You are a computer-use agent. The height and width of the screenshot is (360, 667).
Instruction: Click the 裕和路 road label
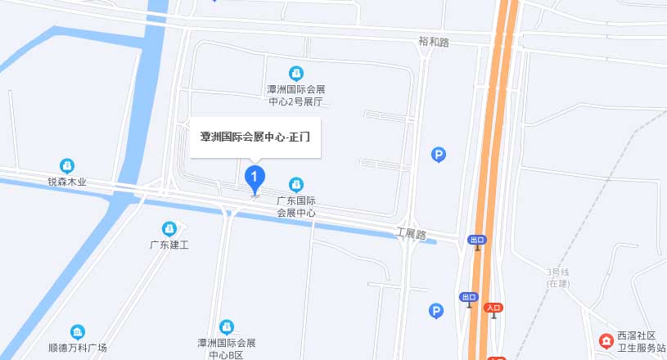click(433, 42)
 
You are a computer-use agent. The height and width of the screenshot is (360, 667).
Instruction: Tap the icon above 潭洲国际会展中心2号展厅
click(296, 74)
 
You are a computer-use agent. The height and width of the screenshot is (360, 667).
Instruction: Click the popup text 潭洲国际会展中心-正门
click(255, 137)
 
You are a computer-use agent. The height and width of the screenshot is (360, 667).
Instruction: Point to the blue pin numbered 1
click(255, 176)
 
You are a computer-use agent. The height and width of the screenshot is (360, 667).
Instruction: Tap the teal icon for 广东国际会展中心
click(296, 184)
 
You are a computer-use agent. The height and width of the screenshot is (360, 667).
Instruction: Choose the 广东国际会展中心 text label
click(296, 206)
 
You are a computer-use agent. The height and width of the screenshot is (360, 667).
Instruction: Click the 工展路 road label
click(411, 234)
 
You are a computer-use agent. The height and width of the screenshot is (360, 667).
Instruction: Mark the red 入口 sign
click(493, 308)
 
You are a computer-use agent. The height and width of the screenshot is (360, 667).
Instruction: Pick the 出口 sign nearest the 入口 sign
click(468, 297)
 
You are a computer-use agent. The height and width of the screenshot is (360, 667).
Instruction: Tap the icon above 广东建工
click(169, 228)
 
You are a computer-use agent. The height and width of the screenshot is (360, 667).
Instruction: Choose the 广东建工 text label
click(169, 245)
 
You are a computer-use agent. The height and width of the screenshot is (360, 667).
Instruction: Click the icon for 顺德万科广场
click(78, 331)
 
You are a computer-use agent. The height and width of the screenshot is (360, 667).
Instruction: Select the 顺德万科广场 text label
click(78, 348)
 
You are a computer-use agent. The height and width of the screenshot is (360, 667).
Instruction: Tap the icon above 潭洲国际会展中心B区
click(227, 326)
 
